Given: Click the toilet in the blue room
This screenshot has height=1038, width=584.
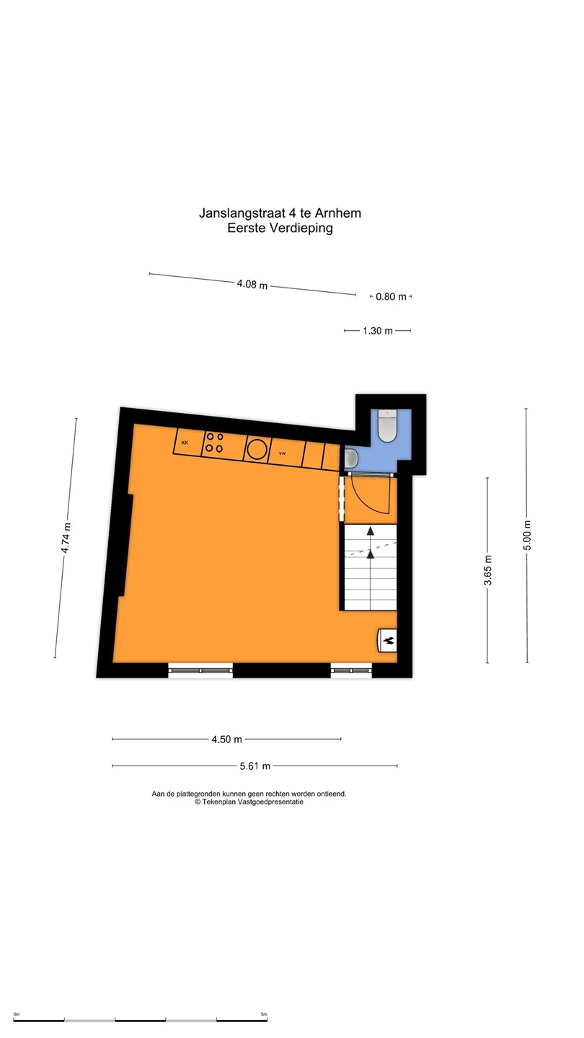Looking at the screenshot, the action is coord(386,425).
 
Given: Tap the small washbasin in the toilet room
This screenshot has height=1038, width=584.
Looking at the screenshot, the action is coord(351,458).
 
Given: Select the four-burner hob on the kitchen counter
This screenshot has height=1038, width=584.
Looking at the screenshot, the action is coord(214,442).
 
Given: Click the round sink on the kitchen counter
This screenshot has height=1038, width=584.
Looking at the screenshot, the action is coord(257,448).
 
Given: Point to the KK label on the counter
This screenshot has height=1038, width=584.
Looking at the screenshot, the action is coord(185,443).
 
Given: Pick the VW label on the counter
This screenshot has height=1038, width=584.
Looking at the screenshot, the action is coord(283,453).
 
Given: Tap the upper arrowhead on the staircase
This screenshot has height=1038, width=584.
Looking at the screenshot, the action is coord(371,531).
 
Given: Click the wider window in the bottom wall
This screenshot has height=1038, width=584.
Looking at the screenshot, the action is coord(200,670).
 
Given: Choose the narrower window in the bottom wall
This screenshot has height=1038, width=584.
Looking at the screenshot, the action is coord(351,670).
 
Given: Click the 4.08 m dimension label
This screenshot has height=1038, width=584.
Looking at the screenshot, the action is coord(252,283).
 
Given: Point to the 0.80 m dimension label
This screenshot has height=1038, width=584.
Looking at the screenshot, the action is coord(391,296).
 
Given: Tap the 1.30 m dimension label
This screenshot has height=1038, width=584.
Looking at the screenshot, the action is coord(378,331).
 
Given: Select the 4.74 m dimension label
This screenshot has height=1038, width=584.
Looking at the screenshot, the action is coord(66,538).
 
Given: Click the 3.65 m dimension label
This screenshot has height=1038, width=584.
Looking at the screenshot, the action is coord(487,570).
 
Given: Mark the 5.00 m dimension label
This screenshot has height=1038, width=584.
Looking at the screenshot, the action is coord(527,535).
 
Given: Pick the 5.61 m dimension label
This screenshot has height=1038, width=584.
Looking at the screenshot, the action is coord(255,766).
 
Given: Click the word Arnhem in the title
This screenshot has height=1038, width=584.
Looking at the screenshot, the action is coord(338,213).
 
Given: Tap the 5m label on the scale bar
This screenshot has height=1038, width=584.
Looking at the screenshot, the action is coord(264,1014).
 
